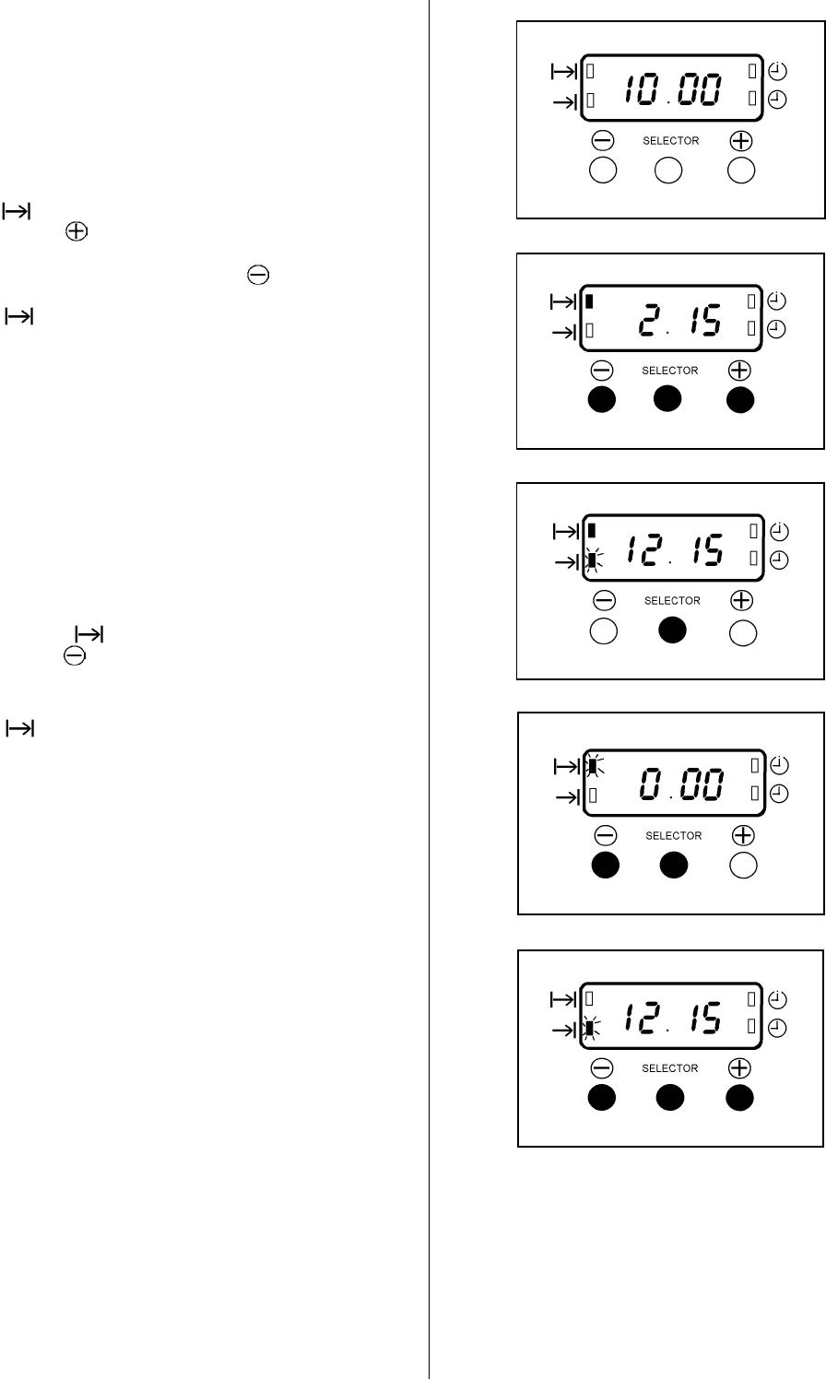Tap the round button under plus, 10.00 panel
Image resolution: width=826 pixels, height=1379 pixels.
(740, 171)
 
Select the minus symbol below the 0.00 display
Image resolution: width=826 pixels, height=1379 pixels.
(605, 835)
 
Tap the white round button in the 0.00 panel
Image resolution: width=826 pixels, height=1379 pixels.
(743, 865)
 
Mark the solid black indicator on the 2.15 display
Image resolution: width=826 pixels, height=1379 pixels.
(590, 301)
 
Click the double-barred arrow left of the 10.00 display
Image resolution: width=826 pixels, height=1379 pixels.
(562, 70)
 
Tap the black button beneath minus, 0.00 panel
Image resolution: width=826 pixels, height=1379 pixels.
(605, 865)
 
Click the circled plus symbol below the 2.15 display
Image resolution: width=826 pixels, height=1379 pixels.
(739, 370)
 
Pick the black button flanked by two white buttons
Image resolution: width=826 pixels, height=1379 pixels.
(672, 631)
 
